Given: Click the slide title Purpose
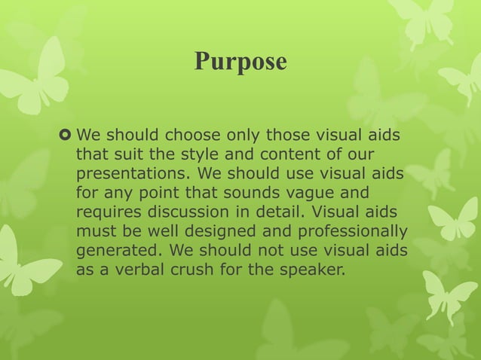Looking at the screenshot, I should [240, 61].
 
